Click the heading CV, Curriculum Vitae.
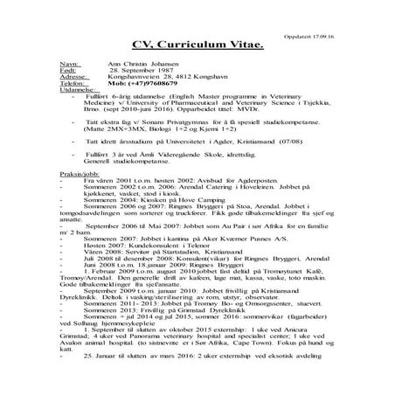coord(197,44)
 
